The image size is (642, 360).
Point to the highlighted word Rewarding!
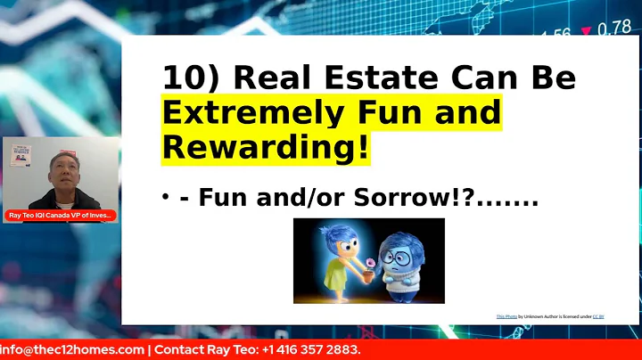click(265, 148)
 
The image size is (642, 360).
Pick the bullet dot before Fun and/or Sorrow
click(166, 198)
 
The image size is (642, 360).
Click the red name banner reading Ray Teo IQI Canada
click(60, 216)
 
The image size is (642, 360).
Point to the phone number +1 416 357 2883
click(313, 350)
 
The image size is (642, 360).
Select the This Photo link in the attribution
click(506, 316)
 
